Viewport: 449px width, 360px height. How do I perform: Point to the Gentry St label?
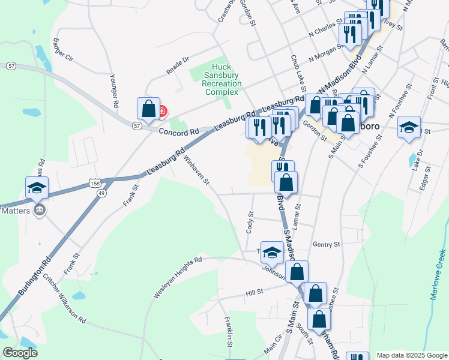[327, 245]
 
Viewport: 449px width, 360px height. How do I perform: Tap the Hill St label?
[255, 292]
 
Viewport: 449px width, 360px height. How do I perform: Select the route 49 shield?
[101, 193]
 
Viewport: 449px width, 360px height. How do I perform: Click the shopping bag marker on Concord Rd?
[148, 109]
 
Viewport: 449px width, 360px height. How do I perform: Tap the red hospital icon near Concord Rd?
[163, 111]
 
